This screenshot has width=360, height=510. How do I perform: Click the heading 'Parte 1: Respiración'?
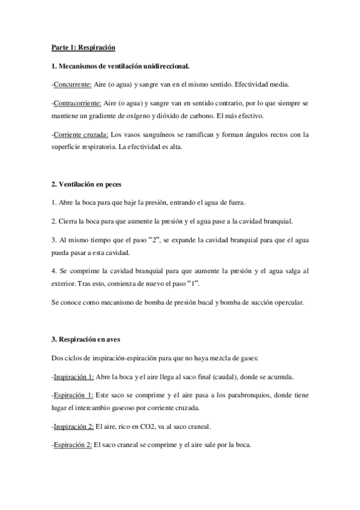point(83,47)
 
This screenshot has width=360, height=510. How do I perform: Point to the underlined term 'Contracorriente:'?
point(77,103)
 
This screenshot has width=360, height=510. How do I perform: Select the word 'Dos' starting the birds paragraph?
point(58,359)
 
